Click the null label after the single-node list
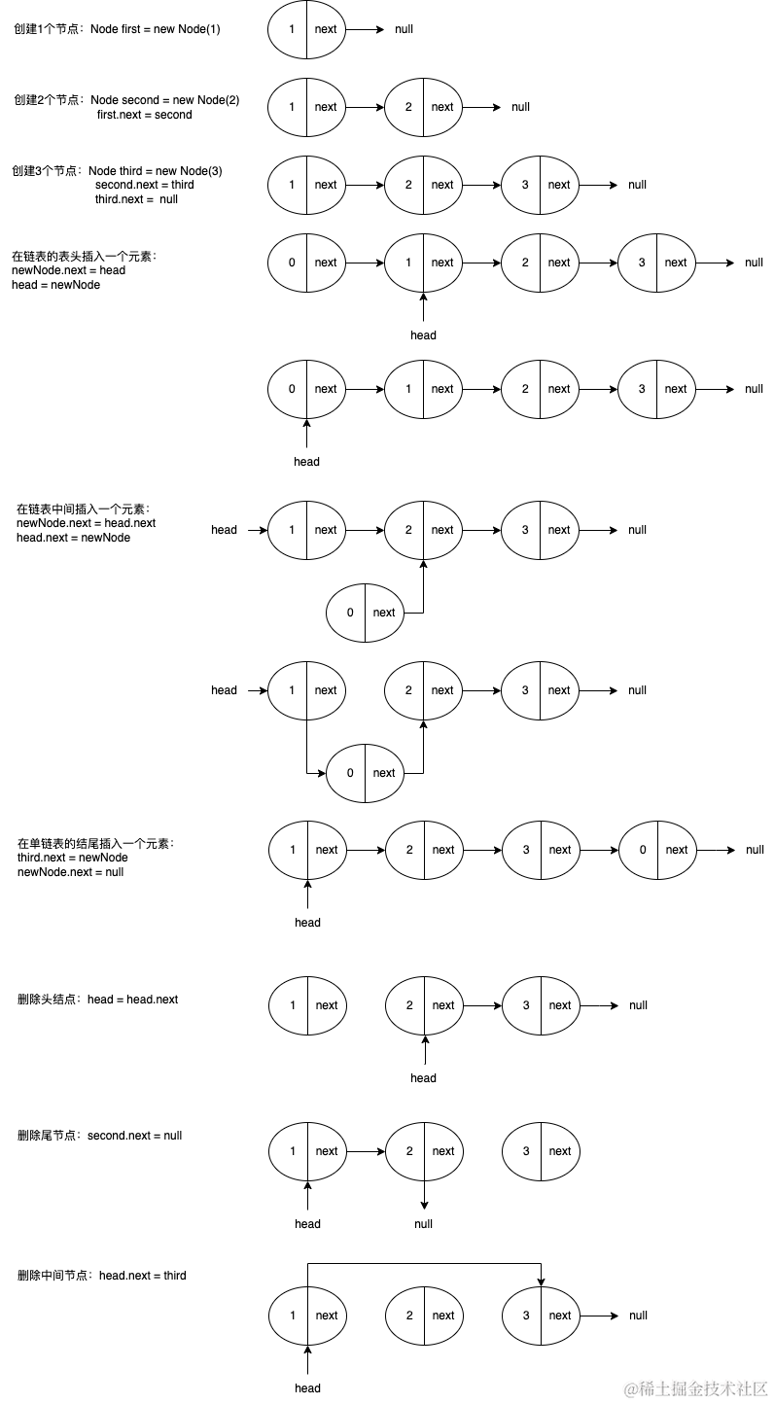pos(404,29)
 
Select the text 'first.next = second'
pos(144,115)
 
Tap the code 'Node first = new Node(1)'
pos(156,29)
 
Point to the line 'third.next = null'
pos(136,199)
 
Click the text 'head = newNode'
pos(55,285)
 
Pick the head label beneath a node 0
pos(306,462)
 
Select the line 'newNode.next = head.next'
pos(86,523)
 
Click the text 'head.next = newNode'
pos(73,538)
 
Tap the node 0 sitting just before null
pos(657,850)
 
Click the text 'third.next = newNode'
pos(72,858)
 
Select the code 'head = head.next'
pos(132,1000)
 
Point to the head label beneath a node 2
pos(423,1078)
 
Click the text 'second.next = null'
pos(134,1136)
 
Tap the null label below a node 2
pos(423,1224)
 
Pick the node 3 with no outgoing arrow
pos(541,1151)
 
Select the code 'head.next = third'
pos(142,1276)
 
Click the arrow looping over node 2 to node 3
pos(423,1264)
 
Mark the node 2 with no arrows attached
pos(424,1316)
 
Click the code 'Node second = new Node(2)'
pos(164,100)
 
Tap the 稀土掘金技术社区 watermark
pos(697,1387)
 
